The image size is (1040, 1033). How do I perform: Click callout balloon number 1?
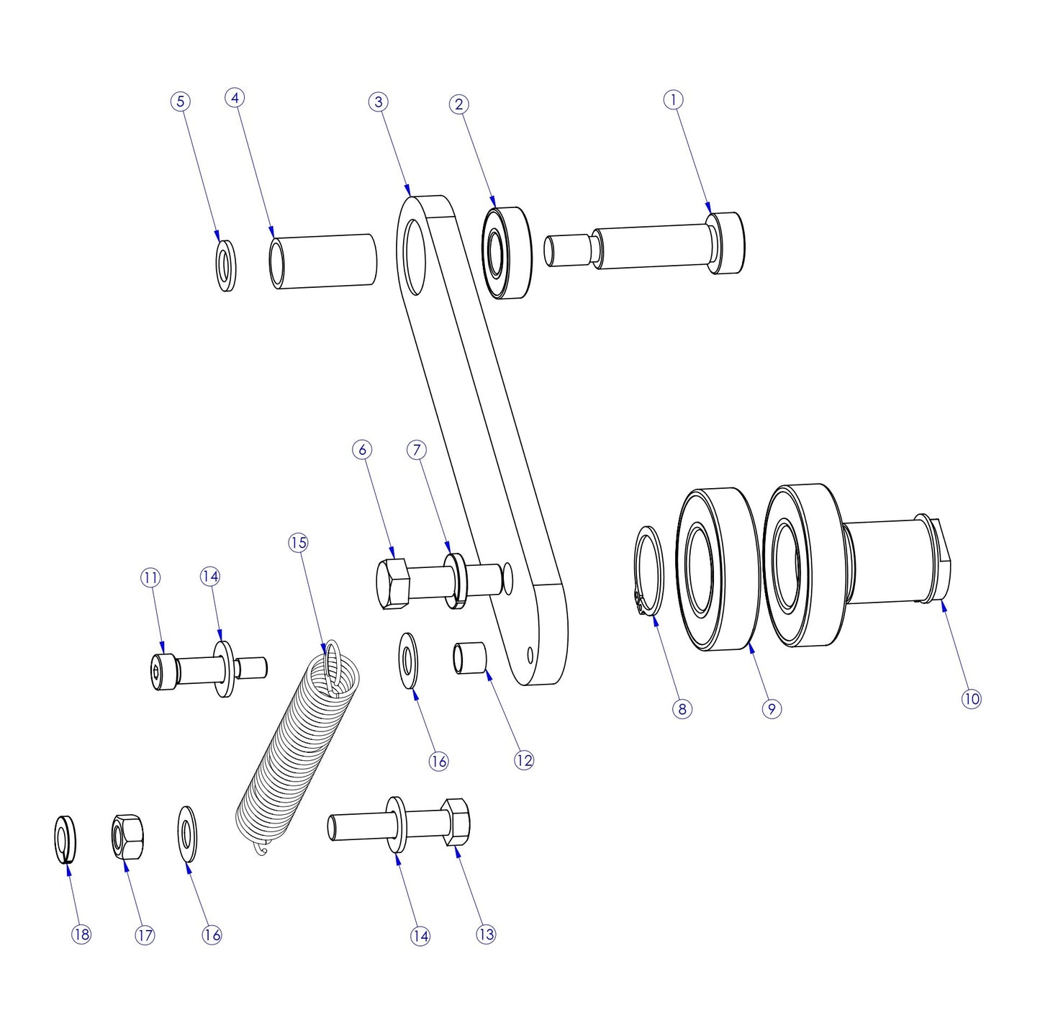[673, 99]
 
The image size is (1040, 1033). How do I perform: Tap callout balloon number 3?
[379, 102]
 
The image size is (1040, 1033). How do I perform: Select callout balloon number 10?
[971, 698]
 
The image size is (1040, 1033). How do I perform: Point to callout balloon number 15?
[298, 542]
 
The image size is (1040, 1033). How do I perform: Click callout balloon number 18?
[81, 934]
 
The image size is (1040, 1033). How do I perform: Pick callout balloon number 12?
[524, 760]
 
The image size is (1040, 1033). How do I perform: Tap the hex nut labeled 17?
[127, 836]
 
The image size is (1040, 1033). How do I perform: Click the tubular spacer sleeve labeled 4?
[324, 261]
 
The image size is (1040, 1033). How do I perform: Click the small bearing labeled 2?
[507, 253]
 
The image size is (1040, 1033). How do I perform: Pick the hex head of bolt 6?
[392, 584]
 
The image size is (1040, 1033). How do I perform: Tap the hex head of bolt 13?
[456, 821]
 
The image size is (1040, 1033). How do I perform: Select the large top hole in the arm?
[415, 257]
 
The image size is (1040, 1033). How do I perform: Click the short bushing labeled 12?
[469, 659]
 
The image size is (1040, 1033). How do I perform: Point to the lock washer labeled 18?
[65, 839]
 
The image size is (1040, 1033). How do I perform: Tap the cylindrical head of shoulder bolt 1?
[727, 243]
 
